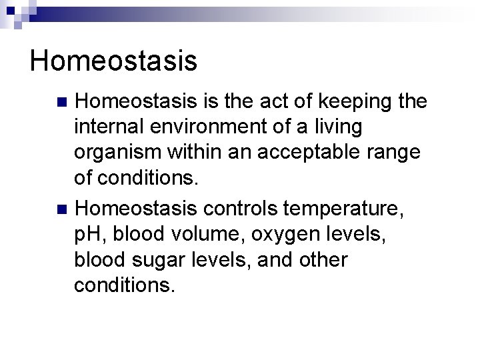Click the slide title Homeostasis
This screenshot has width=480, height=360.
click(x=113, y=60)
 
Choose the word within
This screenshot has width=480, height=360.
click(x=194, y=152)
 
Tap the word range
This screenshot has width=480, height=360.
click(x=397, y=153)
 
